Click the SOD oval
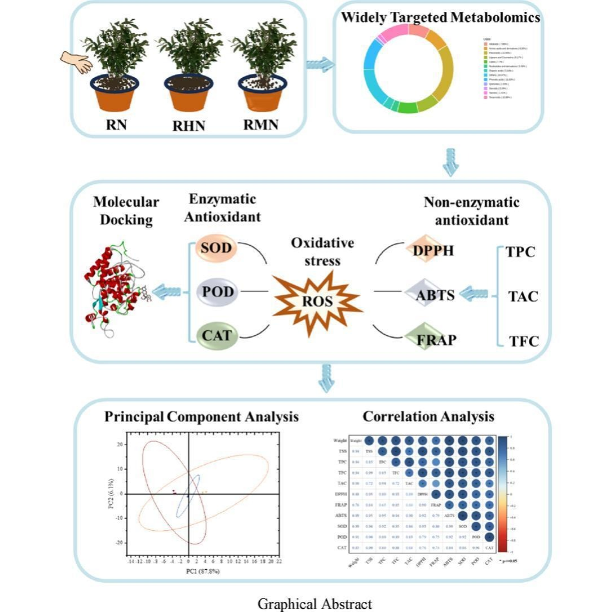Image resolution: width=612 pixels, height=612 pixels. (x=217, y=249)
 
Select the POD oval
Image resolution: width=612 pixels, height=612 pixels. (x=217, y=292)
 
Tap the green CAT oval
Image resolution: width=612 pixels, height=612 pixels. (x=217, y=335)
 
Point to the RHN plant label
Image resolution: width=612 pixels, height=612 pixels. (x=189, y=125)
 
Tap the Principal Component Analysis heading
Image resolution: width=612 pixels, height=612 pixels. (x=202, y=417)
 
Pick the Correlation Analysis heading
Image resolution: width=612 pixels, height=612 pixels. (x=428, y=417)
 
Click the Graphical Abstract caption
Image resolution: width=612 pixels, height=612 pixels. (x=314, y=604)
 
